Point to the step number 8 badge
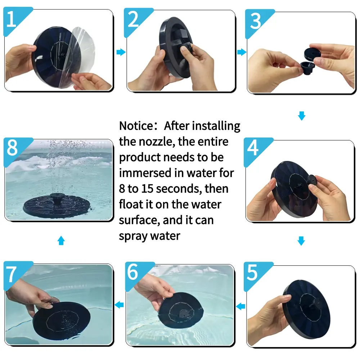click(14, 149)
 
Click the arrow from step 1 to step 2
click(121, 52)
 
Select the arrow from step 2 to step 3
click(242, 52)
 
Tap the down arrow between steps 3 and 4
click(301, 116)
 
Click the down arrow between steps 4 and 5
click(301, 241)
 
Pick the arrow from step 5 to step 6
click(240, 306)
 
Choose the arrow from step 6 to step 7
click(119, 305)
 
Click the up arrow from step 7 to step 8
click(61, 240)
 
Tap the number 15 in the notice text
click(147, 189)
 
